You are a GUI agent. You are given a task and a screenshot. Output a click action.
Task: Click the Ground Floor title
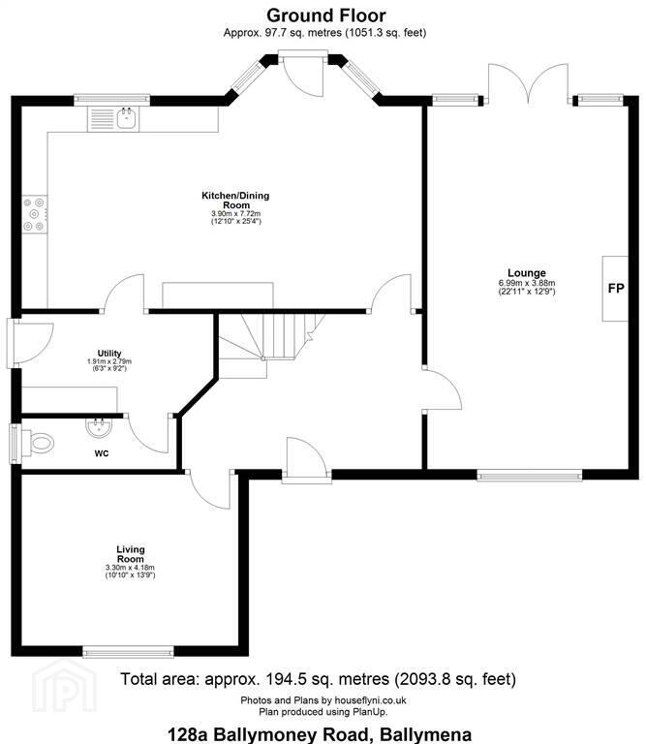[x=325, y=15]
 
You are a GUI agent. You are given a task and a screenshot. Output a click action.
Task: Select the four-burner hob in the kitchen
[x=35, y=215]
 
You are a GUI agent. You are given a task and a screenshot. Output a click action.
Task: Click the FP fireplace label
[x=616, y=288]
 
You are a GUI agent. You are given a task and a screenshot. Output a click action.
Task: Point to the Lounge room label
[x=527, y=273]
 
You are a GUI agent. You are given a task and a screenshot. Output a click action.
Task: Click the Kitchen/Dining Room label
[x=235, y=201]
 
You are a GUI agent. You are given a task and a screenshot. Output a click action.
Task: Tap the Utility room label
[x=109, y=353]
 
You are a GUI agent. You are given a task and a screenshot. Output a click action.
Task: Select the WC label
[x=102, y=453]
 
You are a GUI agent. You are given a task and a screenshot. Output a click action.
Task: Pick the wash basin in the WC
[x=99, y=427]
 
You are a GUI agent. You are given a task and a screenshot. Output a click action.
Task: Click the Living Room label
[x=131, y=554]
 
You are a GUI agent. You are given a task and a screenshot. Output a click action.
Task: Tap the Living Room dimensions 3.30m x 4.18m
[x=131, y=568]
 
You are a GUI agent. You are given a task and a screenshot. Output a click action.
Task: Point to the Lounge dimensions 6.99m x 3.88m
[x=527, y=283]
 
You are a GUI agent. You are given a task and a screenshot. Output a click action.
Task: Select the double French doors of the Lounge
[x=529, y=83]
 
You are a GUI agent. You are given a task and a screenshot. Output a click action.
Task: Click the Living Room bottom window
[x=128, y=652]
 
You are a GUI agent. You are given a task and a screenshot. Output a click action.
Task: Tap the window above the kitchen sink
[x=112, y=100]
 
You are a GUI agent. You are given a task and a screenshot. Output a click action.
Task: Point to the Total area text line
[x=318, y=679]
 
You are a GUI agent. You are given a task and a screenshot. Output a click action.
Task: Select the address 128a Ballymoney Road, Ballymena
[x=320, y=734]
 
